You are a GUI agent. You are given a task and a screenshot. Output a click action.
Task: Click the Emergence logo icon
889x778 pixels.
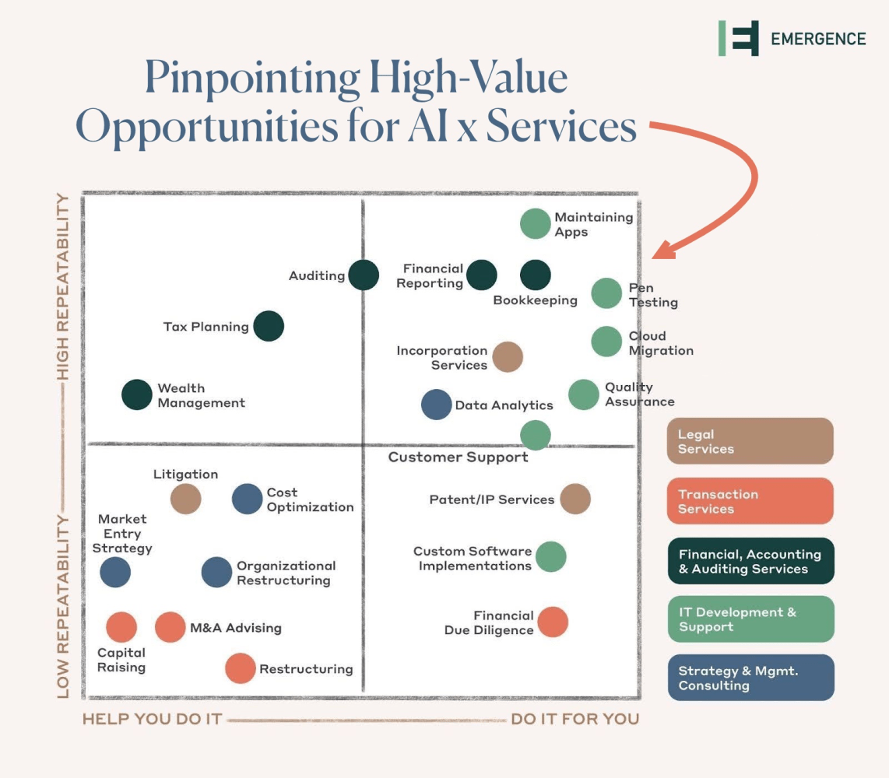[x=739, y=38]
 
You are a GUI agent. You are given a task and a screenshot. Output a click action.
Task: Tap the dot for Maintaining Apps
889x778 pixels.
[x=535, y=224]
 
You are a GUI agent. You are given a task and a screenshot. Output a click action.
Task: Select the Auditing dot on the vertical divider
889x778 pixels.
[x=364, y=275]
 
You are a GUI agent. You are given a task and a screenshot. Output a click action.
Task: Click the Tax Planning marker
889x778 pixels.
[x=269, y=326]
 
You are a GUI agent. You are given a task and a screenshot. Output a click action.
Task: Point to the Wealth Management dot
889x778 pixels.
[x=137, y=394]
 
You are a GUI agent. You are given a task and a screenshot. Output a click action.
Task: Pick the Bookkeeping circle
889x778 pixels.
[x=535, y=275]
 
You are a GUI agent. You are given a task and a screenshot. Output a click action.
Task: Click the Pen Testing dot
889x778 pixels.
[x=606, y=293]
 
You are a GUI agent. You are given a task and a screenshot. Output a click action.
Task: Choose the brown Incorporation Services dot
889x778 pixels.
[x=508, y=357]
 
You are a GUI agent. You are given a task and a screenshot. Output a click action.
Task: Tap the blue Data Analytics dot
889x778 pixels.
[x=436, y=405]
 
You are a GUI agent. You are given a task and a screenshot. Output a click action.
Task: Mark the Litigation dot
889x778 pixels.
[x=185, y=499]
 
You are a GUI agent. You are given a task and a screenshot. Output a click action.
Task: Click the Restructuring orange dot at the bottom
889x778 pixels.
[x=240, y=668]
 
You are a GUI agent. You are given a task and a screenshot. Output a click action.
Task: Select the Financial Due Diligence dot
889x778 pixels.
[x=553, y=622]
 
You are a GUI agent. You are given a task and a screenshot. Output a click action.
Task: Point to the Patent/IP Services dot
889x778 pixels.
[x=575, y=499]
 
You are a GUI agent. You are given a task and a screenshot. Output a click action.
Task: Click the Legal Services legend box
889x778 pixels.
[x=750, y=441]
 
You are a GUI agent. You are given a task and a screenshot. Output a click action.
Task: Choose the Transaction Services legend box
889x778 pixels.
[x=750, y=501]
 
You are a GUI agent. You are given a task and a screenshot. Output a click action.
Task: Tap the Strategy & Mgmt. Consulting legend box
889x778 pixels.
[x=750, y=678]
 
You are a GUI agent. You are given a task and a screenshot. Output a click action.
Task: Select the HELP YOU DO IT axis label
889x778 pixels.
[x=152, y=719]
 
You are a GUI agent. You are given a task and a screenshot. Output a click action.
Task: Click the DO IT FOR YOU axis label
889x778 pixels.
[x=575, y=719]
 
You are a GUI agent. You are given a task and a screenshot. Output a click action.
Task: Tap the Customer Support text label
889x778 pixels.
[x=458, y=457]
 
